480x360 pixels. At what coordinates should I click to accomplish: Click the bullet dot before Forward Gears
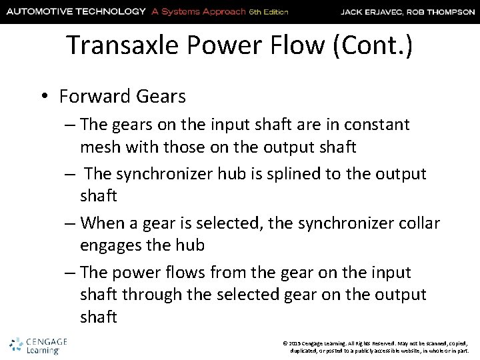click(x=45, y=97)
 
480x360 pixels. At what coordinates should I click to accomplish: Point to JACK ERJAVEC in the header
click(x=372, y=11)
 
